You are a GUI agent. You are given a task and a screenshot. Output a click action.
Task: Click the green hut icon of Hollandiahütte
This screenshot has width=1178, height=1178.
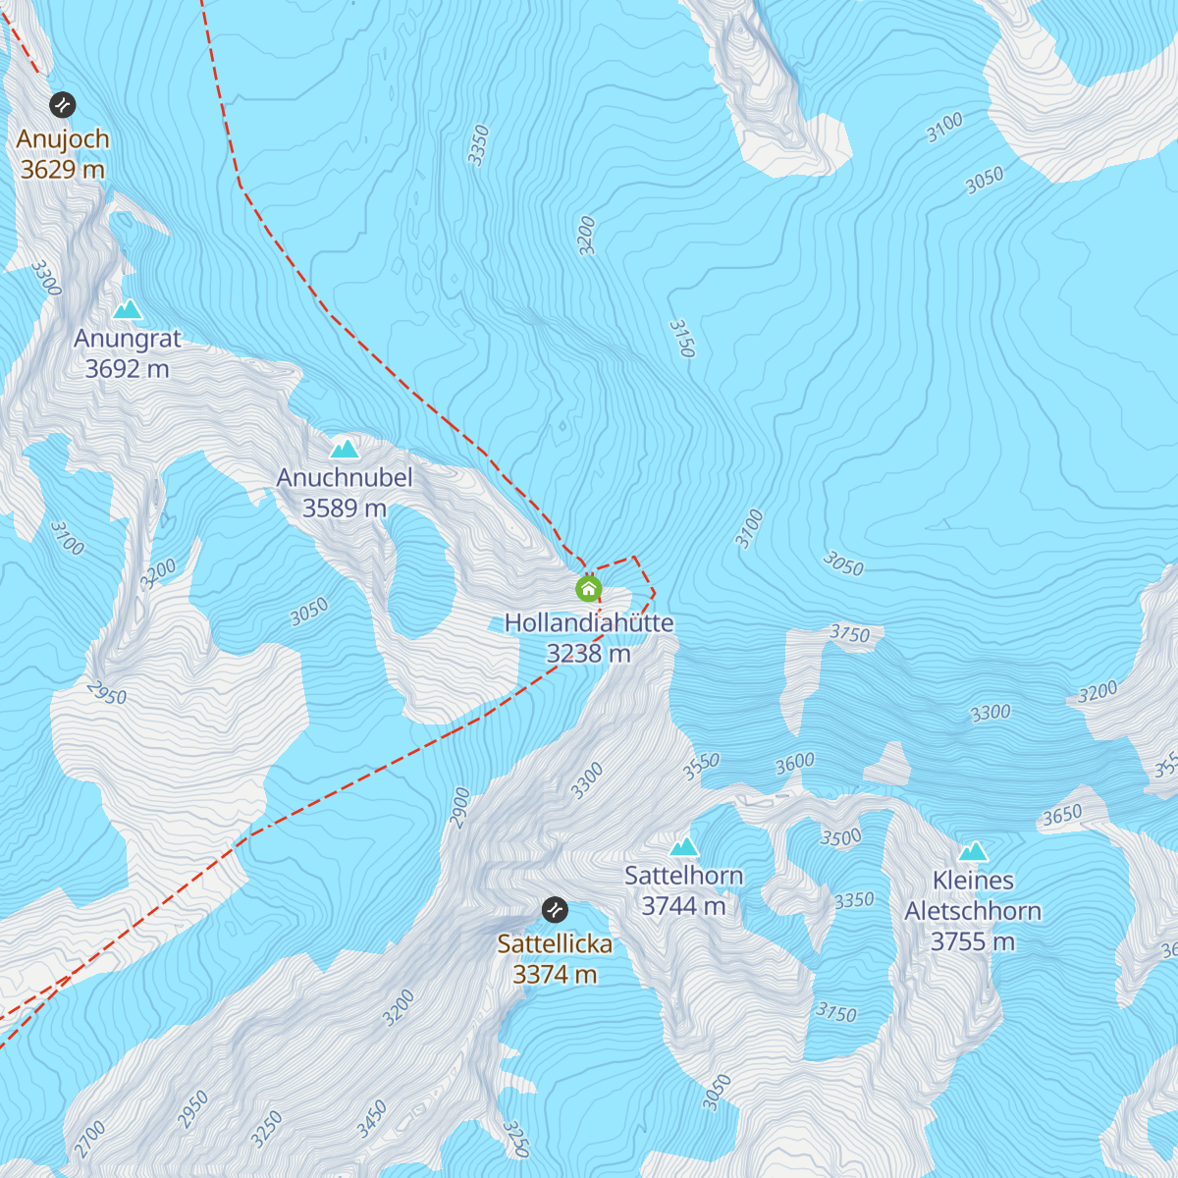588,589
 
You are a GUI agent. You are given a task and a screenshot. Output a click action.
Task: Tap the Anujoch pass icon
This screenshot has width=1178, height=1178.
63,104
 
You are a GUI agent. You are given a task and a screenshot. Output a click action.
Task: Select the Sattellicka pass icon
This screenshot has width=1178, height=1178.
555,910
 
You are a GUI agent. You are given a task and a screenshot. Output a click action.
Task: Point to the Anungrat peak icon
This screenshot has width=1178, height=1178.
127,310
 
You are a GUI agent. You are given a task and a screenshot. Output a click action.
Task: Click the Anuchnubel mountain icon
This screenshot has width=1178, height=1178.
344,450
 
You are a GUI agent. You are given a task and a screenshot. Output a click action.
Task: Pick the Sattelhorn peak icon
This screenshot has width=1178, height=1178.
684,846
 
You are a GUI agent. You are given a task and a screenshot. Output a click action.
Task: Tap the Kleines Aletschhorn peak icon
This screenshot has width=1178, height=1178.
973,851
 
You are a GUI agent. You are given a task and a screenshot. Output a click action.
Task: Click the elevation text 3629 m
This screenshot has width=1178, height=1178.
63,170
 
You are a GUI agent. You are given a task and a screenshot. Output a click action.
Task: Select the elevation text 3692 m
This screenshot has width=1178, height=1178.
127,369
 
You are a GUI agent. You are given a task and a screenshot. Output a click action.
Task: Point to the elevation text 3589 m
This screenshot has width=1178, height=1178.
344,509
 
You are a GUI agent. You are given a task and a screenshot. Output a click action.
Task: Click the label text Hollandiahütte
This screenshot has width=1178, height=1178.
589,623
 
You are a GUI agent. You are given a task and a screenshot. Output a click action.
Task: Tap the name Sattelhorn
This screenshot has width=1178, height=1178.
684,876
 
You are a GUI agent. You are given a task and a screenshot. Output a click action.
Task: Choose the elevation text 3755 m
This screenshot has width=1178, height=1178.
973,942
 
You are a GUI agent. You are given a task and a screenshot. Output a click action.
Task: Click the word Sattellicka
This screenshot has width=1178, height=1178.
555,944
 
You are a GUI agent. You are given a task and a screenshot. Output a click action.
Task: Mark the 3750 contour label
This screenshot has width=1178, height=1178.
850,634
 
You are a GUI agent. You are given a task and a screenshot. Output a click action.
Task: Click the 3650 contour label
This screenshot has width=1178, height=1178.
1062,815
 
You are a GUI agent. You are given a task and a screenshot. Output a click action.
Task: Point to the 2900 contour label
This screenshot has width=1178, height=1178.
460,808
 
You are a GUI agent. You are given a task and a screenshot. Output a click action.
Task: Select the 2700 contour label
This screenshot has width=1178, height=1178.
89,1139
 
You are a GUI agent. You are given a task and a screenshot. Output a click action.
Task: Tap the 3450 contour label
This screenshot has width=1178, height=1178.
372,1120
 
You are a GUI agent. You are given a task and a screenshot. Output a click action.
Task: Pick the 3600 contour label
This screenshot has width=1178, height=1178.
795,764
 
